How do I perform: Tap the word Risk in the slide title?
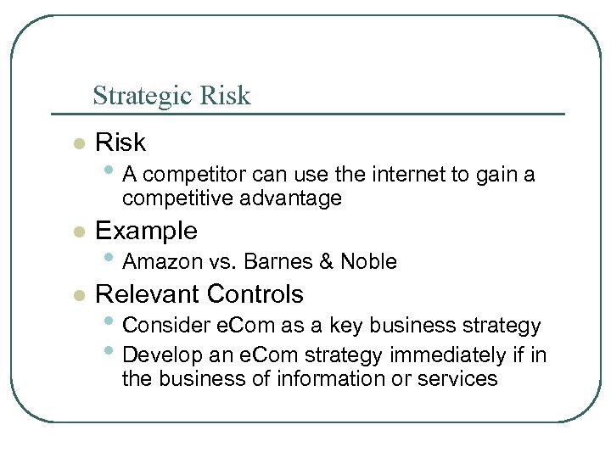click(x=224, y=96)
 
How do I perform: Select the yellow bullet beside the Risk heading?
click(x=78, y=143)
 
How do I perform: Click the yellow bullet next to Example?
click(x=78, y=232)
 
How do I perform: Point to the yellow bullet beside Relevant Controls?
click(x=78, y=295)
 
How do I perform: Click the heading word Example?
click(x=146, y=231)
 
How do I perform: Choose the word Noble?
click(x=368, y=262)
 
